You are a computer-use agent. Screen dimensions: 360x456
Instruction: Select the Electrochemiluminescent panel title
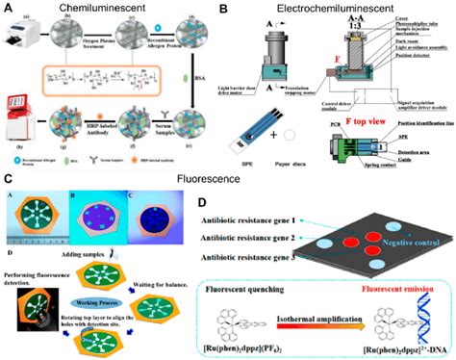[x=332, y=9]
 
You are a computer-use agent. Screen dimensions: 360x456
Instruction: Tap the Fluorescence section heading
[x=229, y=178]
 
